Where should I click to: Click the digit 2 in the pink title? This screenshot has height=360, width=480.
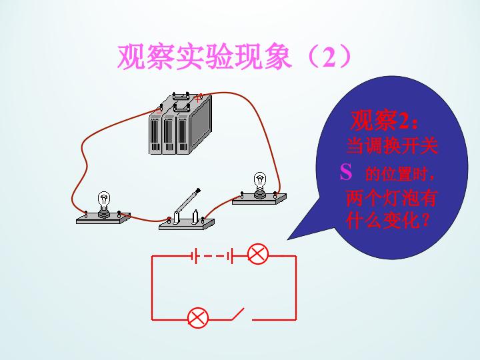(x=329, y=57)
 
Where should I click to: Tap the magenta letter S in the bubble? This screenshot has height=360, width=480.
(x=346, y=172)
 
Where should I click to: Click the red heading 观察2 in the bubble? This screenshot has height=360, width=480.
(x=384, y=120)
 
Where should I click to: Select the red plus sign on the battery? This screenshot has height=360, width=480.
(x=198, y=98)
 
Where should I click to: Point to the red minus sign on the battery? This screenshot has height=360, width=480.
(x=159, y=111)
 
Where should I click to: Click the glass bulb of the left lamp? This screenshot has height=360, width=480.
(x=104, y=199)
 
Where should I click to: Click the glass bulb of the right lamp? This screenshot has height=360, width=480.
(x=260, y=180)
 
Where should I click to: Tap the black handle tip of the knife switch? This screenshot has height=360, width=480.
(x=198, y=191)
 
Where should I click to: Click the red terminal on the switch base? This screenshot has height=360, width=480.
(x=169, y=219)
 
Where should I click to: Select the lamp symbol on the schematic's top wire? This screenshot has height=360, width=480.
(x=258, y=254)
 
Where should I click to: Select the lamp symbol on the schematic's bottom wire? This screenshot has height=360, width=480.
(x=198, y=318)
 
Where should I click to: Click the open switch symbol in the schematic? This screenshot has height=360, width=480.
(x=237, y=315)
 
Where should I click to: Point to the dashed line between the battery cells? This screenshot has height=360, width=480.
(x=214, y=256)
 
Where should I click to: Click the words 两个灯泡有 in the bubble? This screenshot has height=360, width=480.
(x=391, y=199)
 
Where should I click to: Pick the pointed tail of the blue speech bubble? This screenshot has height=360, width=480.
(x=288, y=239)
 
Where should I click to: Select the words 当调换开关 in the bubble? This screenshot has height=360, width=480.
(x=392, y=146)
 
